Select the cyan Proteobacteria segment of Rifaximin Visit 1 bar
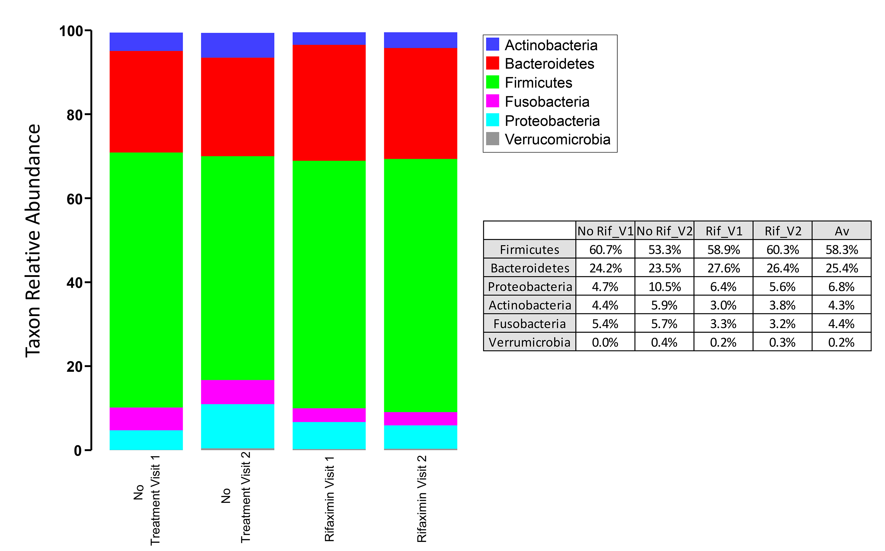[329, 435]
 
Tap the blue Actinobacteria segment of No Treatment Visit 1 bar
[146, 42]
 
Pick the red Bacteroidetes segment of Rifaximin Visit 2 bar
[420, 103]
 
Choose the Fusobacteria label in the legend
[547, 102]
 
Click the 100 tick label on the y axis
[71, 31]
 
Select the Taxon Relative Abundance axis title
[33, 241]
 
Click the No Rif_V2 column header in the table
[664, 231]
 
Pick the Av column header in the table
[842, 231]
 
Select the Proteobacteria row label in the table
[530, 287]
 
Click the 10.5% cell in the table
[664, 287]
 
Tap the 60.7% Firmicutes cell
[605, 250]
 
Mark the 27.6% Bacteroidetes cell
[723, 268]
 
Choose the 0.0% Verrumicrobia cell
[605, 342]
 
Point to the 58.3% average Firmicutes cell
[842, 250]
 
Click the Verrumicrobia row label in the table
[530, 342]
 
